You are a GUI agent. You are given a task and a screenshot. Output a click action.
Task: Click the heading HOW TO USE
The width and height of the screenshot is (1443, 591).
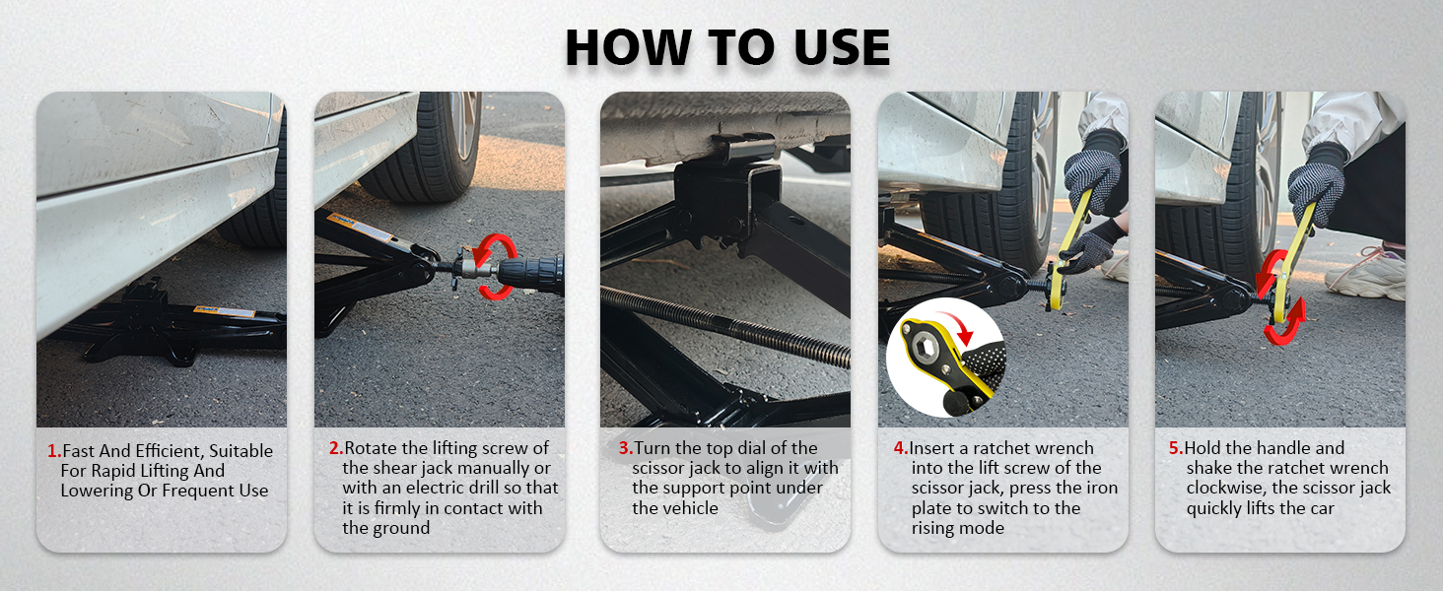pyautogui.click(x=726, y=47)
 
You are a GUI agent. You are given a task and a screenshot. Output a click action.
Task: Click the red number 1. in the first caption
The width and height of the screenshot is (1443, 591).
pyautogui.click(x=54, y=451)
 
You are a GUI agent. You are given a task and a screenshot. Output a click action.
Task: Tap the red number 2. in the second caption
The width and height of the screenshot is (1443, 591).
pyautogui.click(x=336, y=448)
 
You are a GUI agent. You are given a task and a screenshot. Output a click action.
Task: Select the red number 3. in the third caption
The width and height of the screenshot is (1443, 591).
pyautogui.click(x=626, y=448)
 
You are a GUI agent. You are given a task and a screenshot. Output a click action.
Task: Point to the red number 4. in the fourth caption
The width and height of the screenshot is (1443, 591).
pyautogui.click(x=901, y=448)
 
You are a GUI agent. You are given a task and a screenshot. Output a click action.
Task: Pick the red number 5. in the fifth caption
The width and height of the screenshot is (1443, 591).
pyautogui.click(x=1176, y=448)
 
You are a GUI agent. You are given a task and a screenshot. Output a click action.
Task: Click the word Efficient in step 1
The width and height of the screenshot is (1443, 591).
pyautogui.click(x=172, y=451)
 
